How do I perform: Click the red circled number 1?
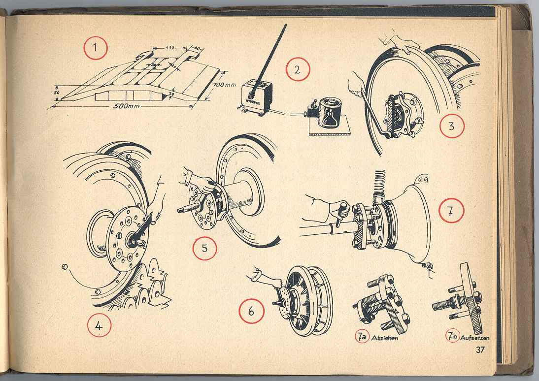96,49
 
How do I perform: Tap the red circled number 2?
298,69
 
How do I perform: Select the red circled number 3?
452,126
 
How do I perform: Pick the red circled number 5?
204,249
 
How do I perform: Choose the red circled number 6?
252,313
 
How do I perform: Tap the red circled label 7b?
452,337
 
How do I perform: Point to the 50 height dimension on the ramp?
57,92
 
